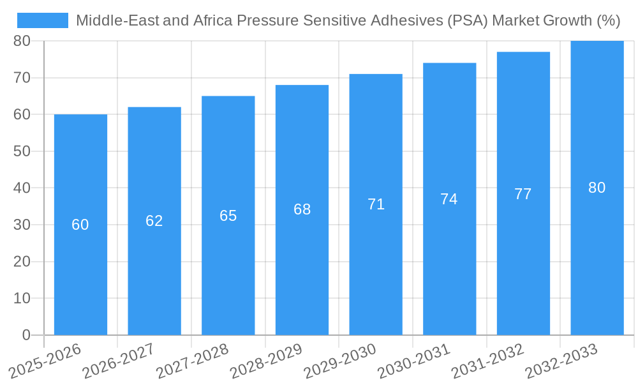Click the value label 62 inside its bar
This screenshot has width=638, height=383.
tap(154, 221)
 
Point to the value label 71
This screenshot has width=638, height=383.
tap(376, 204)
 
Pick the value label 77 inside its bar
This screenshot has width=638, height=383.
tap(523, 194)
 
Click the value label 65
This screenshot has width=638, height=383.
tap(228, 216)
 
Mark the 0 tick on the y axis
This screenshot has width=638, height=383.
tap(26, 335)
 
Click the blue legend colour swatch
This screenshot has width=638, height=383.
tap(43, 20)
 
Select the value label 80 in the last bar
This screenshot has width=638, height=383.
tap(597, 188)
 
